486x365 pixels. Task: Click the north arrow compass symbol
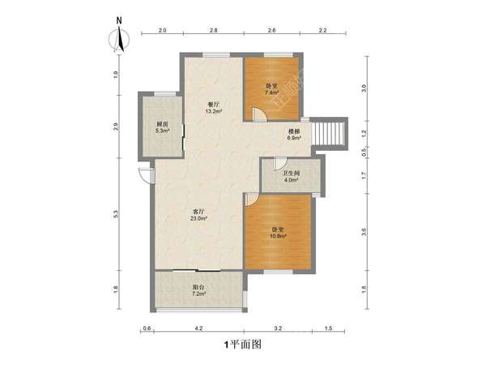pyautogui.click(x=120, y=38)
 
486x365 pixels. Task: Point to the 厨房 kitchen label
pyautogui.click(x=162, y=124)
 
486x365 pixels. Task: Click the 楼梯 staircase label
pyautogui.click(x=295, y=131)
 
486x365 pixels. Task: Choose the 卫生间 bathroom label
pyautogui.click(x=290, y=173)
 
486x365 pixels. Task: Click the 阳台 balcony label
pyautogui.click(x=198, y=286)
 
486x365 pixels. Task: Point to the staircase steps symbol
pyautogui.click(x=331, y=131)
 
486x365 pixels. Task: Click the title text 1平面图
pyautogui.click(x=242, y=344)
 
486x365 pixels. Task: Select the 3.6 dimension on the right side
pyautogui.click(x=364, y=232)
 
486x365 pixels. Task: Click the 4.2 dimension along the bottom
pyautogui.click(x=198, y=328)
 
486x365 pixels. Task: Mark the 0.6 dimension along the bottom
pyautogui.click(x=147, y=328)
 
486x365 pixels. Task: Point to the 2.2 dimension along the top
pyautogui.click(x=322, y=30)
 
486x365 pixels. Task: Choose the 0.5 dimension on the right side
pyautogui.click(x=364, y=151)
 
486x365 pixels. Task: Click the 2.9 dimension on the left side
pyautogui.click(x=117, y=126)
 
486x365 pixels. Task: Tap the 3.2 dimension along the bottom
pyautogui.click(x=278, y=328)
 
